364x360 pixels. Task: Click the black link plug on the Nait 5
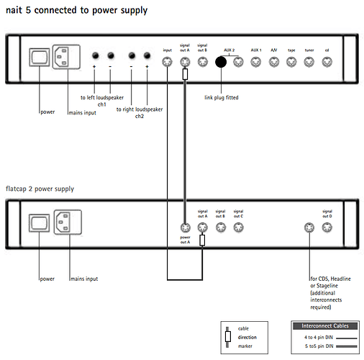click(221, 62)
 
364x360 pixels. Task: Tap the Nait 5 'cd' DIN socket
click(327, 62)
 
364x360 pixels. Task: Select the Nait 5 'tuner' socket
click(309, 62)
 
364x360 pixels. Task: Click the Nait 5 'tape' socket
click(291, 62)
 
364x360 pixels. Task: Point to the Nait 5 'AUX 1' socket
click(256, 62)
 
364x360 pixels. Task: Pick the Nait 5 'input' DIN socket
click(167, 62)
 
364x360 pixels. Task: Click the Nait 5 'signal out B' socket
click(203, 62)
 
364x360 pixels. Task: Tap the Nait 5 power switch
click(40, 57)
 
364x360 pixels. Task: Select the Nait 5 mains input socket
click(66, 57)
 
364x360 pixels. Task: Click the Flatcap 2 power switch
click(40, 223)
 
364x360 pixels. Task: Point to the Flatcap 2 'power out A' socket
click(185, 228)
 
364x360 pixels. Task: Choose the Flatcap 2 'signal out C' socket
click(238, 228)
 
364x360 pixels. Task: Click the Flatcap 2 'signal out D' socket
click(327, 228)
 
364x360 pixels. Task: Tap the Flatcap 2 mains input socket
click(68, 222)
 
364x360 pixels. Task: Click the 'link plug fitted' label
click(222, 97)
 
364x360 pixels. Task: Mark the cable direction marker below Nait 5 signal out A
click(185, 74)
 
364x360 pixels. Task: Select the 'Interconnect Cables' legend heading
click(325, 326)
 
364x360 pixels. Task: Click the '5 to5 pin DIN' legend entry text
click(319, 346)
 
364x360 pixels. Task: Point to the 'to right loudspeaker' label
click(140, 109)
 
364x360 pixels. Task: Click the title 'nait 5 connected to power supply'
click(76, 10)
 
